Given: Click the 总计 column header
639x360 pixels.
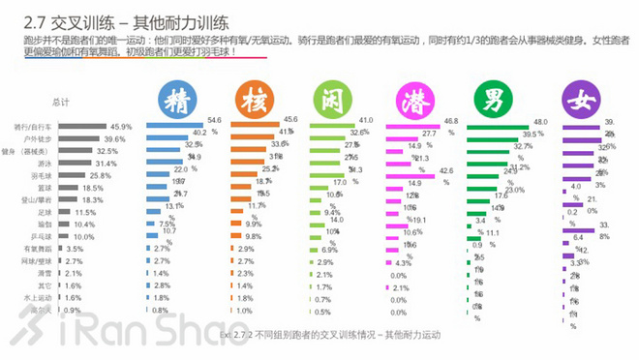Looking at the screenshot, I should pyautogui.click(x=60, y=102).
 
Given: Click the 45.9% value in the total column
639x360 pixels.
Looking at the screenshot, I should pyautogui.click(x=120, y=127).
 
